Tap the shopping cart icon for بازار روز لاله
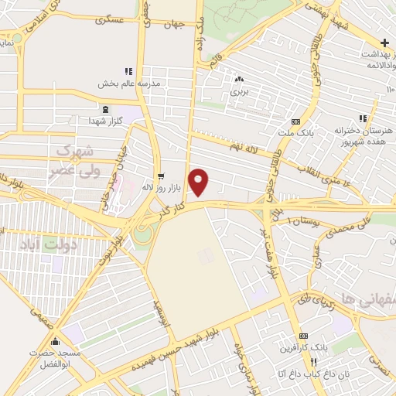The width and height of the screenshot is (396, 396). click(161, 176)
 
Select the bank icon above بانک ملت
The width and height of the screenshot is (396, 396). click(296, 121)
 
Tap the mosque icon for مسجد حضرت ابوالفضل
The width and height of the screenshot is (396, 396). click(54, 341)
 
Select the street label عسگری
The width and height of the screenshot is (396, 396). click(108, 19)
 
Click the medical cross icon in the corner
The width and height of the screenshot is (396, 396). click(384, 42)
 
